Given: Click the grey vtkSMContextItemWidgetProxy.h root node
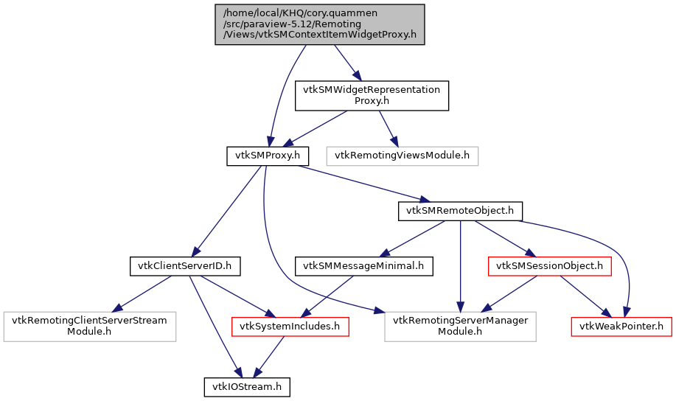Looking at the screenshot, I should pyautogui.click(x=320, y=24).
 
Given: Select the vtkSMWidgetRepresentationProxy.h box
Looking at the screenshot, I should pyautogui.click(x=372, y=95).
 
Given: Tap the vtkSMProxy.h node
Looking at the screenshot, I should pyautogui.click(x=266, y=156).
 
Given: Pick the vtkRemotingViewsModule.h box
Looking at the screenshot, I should pyautogui.click(x=402, y=156).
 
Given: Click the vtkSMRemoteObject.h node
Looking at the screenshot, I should pyautogui.click(x=460, y=211).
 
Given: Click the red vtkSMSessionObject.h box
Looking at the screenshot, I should pyautogui.click(x=549, y=265).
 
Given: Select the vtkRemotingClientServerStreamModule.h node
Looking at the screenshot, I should pyautogui.click(x=89, y=326).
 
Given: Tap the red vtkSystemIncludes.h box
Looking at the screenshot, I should pyautogui.click(x=290, y=326).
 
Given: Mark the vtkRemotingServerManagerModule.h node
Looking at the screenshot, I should pyautogui.click(x=460, y=326).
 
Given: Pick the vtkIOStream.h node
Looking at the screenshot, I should pyautogui.click(x=247, y=386).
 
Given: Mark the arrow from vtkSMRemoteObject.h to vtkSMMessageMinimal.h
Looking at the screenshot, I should pyautogui.click(x=416, y=237).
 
